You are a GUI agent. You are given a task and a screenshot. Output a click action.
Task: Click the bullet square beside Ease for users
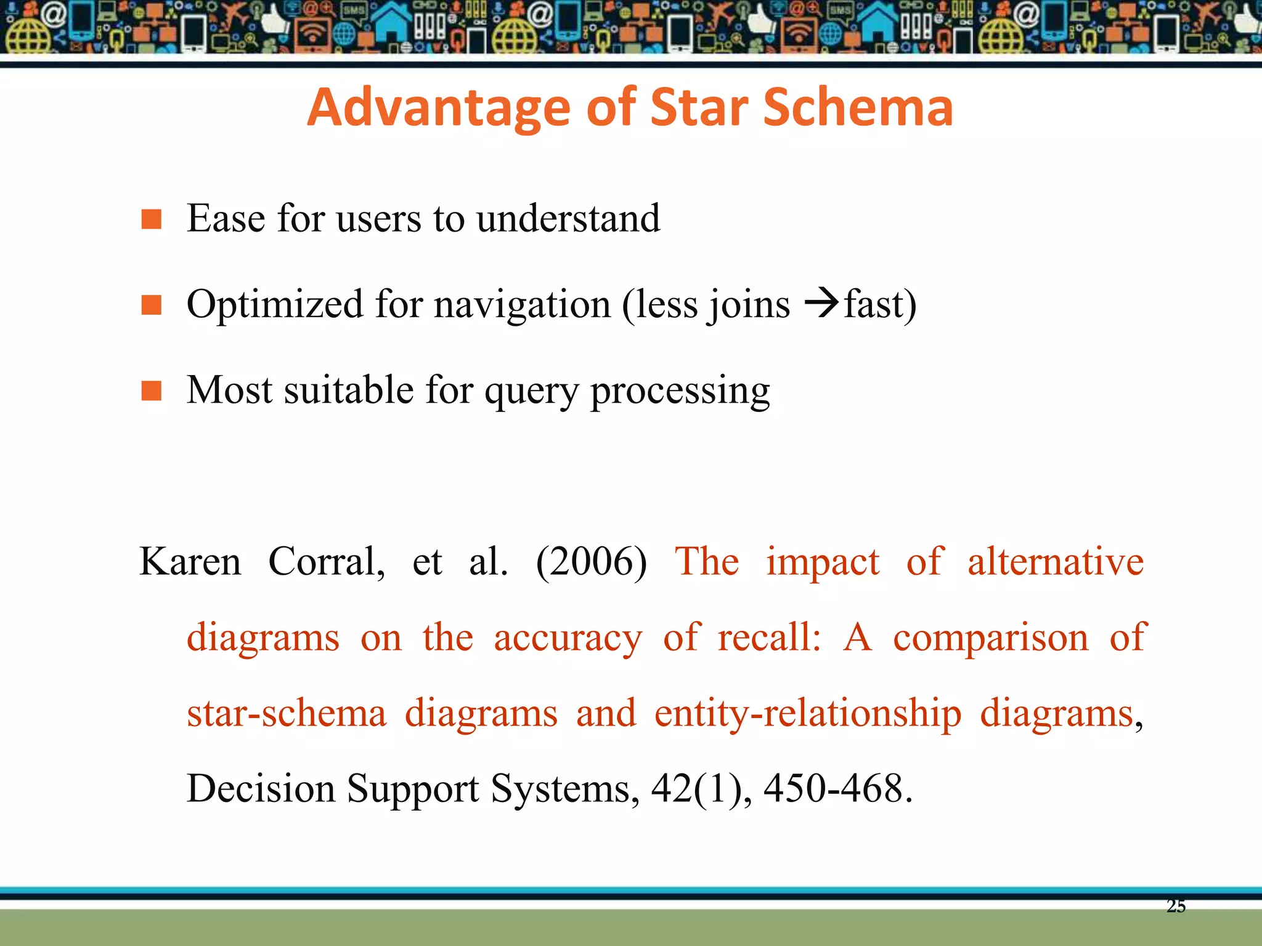point(151,219)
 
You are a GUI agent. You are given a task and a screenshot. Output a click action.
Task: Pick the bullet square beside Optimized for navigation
point(151,305)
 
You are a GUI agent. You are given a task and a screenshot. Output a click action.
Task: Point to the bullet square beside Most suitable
point(151,390)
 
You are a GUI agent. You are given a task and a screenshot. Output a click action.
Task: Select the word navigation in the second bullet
point(522,305)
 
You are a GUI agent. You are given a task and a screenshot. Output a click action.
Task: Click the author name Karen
point(190,562)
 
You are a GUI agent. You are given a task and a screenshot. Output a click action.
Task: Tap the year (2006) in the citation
point(592,562)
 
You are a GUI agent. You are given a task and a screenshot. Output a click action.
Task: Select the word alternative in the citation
point(1055,562)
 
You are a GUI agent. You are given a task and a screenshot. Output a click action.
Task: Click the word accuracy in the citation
point(568,638)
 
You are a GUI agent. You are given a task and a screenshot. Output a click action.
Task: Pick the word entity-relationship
point(807,714)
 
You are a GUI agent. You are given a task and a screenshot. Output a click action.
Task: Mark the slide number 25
point(1176,906)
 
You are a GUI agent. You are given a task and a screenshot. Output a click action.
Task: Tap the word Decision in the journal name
point(261,788)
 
